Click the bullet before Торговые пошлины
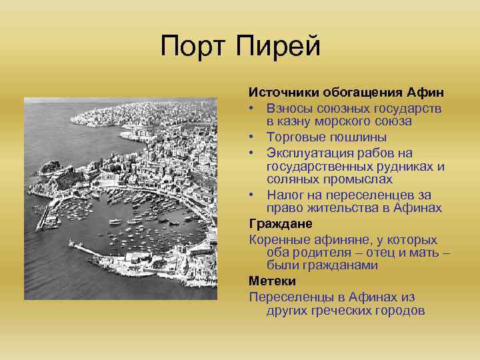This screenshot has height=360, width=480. pos(253,137)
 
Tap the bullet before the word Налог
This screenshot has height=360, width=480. pos(253,195)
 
